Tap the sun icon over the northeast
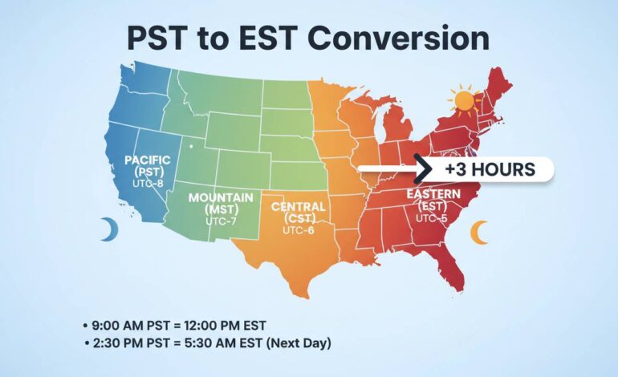(463, 102)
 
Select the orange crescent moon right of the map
(479, 233)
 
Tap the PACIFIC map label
(148, 160)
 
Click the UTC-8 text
(148, 183)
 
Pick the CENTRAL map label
(299, 207)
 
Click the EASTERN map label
(433, 195)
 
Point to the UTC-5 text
(433, 217)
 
